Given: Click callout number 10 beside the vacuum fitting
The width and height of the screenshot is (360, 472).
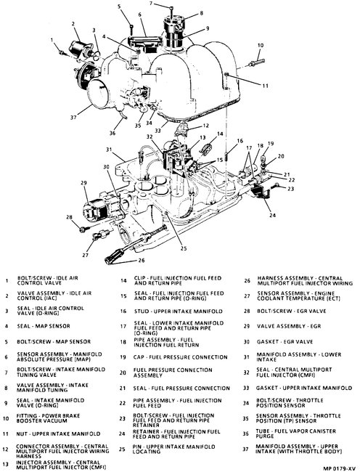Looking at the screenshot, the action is (x=261, y=46).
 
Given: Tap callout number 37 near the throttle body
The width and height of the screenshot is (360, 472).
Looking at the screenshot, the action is (x=73, y=118).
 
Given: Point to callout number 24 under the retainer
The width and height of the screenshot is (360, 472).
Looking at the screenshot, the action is (x=272, y=215).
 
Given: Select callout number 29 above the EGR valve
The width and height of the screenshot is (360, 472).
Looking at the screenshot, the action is (x=83, y=183).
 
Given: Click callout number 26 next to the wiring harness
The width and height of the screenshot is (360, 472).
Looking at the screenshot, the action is (x=141, y=260).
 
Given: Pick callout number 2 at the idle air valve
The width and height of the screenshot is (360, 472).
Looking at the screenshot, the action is (x=73, y=23).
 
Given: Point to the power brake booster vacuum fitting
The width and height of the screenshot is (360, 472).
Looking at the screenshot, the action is (x=256, y=63).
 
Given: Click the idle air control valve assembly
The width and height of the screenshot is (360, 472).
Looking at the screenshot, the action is (x=80, y=47).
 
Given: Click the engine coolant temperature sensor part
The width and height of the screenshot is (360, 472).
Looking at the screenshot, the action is (x=102, y=235).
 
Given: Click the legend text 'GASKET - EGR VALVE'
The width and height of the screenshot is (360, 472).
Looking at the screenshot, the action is (x=285, y=342).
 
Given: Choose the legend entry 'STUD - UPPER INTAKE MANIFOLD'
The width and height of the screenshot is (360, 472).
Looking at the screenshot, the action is (x=179, y=311).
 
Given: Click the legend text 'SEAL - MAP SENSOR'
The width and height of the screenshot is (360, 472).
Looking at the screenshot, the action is (x=44, y=326).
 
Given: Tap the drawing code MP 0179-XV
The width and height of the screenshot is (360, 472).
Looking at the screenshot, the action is (x=339, y=468).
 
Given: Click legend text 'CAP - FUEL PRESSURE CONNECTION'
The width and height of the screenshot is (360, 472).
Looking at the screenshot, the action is (x=181, y=357).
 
